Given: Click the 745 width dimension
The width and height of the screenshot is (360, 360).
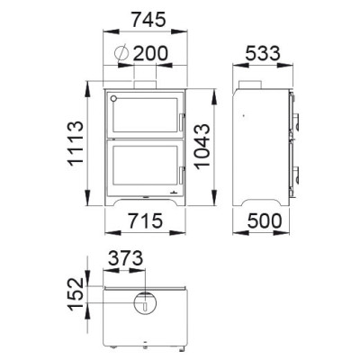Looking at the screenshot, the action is coord(148,20).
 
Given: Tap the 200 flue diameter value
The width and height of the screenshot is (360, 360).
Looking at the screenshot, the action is coord(150,53).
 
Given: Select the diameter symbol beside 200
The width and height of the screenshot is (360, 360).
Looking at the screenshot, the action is coord(121,53).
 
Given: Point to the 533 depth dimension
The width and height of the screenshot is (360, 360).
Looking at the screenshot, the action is coord(263,54).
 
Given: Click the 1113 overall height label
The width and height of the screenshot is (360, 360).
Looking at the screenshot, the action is coord(76,143).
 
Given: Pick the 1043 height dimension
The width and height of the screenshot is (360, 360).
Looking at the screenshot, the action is coord(202,147).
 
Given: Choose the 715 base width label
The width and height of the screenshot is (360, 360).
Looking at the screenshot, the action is coord(145,221).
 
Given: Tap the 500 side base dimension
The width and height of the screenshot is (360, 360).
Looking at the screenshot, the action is coord(265,221).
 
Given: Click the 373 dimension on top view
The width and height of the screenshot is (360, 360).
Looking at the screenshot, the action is coord(125,258).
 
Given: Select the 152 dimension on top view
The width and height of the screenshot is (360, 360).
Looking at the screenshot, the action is coord(76,294).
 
